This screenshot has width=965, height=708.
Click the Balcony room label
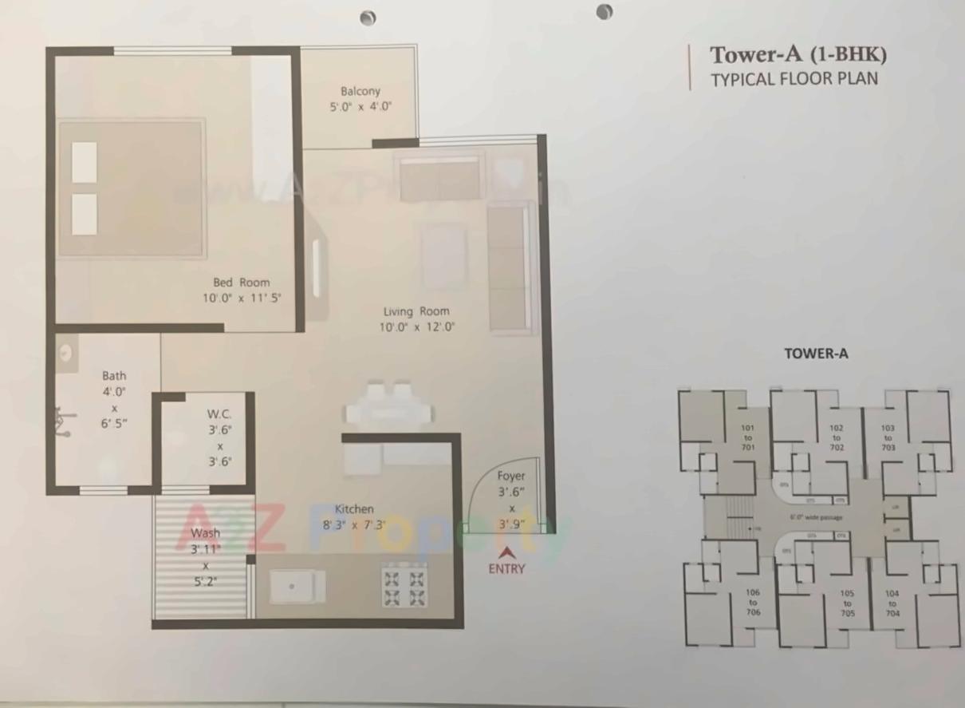coord(360,91)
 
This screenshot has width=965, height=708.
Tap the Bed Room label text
coord(241,282)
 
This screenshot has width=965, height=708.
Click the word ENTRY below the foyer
coord(506,569)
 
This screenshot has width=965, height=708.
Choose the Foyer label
coord(511,476)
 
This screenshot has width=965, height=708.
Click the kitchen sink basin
coord(297,587)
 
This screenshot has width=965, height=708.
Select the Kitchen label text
coord(354,509)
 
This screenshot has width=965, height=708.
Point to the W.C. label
coord(219,413)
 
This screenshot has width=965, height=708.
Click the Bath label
coord(114,375)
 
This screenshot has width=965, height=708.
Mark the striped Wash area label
coord(205,533)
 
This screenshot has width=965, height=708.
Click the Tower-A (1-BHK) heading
coord(798,55)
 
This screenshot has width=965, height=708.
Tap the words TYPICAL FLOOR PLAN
coord(794,79)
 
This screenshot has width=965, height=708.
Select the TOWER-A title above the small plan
coord(816,354)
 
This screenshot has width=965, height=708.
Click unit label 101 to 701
coord(748,437)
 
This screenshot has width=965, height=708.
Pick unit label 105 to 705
coord(847,603)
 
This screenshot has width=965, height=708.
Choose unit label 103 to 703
coord(888,437)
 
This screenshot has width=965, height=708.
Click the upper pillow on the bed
coord(85,163)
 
